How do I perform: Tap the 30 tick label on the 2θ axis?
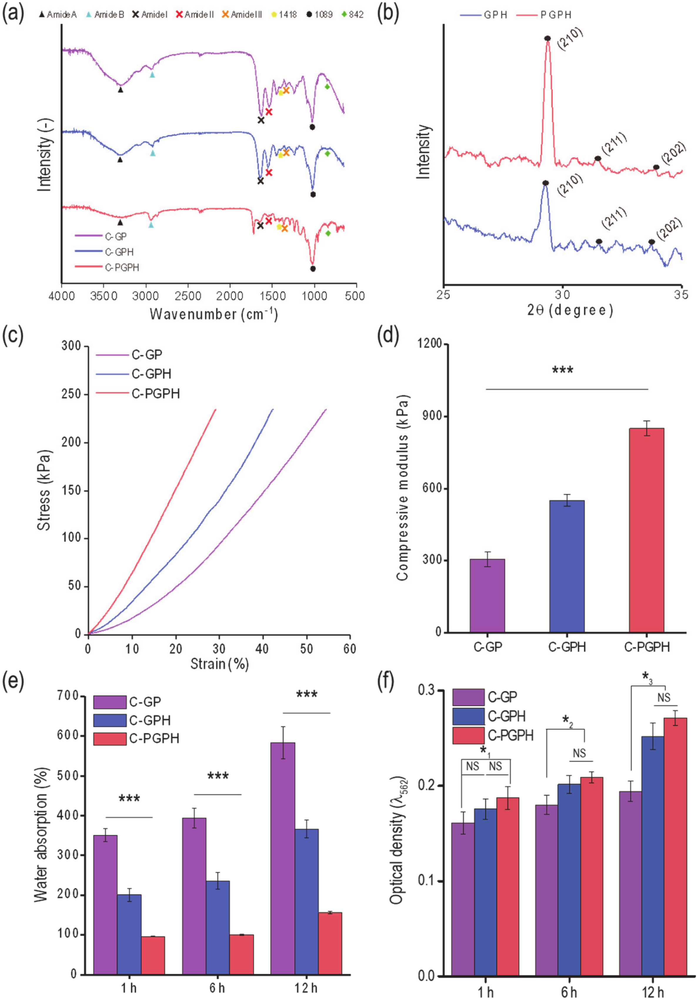coord(563,295)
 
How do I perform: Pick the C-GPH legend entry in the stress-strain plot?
coord(151,374)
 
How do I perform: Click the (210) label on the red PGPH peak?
coord(570,40)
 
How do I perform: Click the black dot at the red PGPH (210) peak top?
coord(547,38)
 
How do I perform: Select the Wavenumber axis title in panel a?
coord(213,314)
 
